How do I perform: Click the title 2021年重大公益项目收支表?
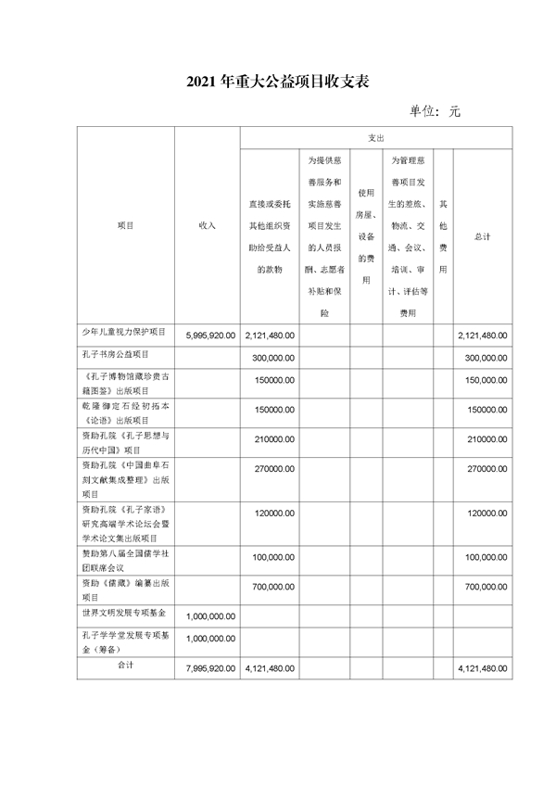(278, 82)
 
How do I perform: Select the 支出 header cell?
(375, 138)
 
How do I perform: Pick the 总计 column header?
(482, 236)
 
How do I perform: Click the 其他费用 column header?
(443, 236)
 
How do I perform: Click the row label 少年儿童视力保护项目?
(123, 332)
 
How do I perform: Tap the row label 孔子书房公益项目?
(115, 354)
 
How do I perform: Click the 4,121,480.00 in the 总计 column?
(483, 668)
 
